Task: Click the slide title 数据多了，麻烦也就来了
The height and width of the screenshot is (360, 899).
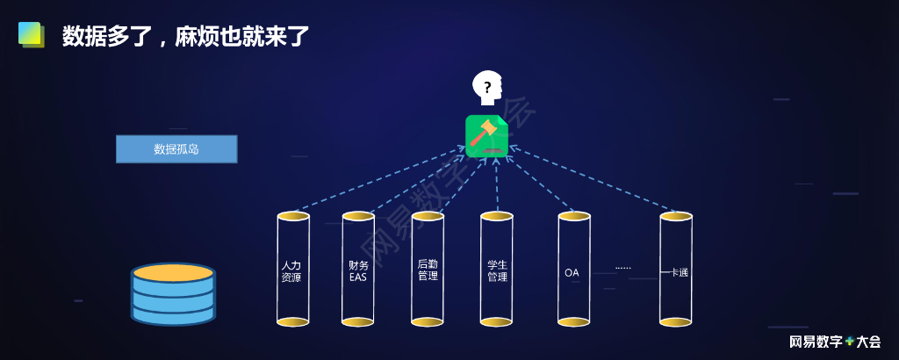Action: (x=185, y=36)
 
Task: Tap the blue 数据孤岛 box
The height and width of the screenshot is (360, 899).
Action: (x=176, y=149)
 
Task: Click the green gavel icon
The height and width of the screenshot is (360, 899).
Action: (x=486, y=136)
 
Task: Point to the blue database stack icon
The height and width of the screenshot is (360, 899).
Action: (x=173, y=294)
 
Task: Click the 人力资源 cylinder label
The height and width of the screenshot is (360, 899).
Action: (x=291, y=270)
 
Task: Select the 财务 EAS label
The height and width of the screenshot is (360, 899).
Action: (x=358, y=270)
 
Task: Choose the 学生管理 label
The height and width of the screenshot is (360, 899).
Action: (x=497, y=270)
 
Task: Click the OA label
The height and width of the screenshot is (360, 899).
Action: (x=572, y=273)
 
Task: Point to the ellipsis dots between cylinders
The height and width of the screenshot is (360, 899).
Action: (x=623, y=267)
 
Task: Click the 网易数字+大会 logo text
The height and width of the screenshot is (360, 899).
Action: (x=834, y=342)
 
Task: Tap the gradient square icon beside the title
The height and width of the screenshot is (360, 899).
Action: (x=31, y=34)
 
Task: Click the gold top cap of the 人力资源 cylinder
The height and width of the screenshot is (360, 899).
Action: (x=293, y=216)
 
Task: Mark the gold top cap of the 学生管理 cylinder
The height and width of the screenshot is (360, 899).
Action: (x=497, y=216)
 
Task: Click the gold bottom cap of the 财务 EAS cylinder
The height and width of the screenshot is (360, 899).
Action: (x=358, y=322)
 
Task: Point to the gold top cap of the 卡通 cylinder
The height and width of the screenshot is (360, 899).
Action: (x=676, y=216)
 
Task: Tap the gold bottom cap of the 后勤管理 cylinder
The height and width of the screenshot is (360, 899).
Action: (x=428, y=322)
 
